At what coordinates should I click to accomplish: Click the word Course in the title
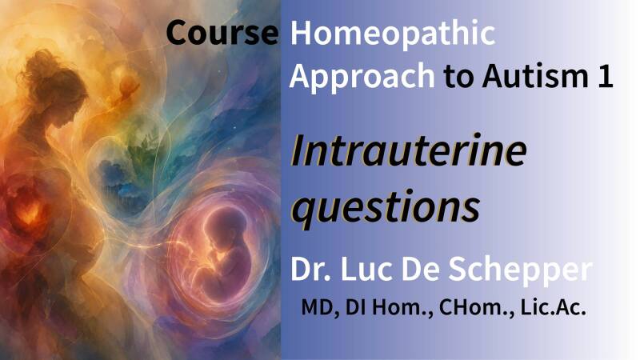[x=222, y=33]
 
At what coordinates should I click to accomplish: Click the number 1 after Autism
[x=606, y=76]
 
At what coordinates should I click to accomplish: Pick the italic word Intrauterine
[x=409, y=150]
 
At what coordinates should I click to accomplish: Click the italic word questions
[x=386, y=208]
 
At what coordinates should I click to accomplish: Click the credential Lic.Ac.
[x=553, y=307]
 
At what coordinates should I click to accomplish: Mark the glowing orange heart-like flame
[x=29, y=212]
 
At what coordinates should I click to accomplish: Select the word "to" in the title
[x=458, y=78]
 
